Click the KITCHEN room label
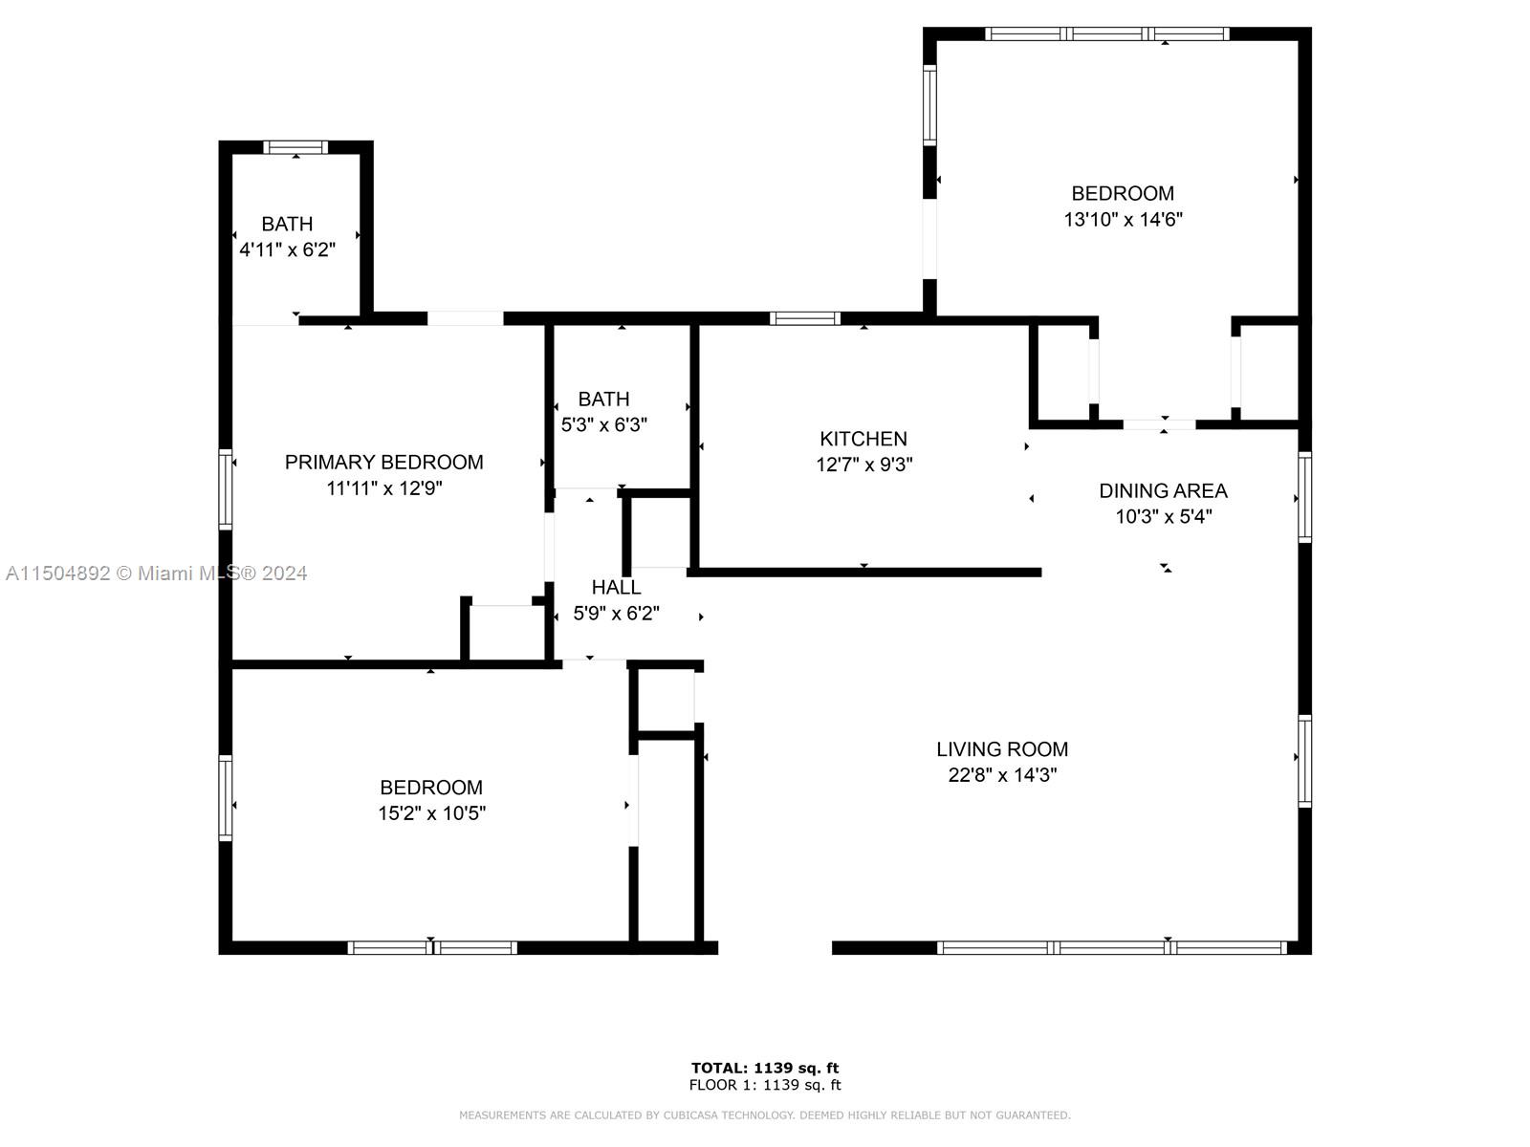pos(863,439)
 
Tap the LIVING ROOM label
pos(1001,749)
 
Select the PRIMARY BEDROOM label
pos(384,463)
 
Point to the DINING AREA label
pos(1163,491)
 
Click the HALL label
pos(616,588)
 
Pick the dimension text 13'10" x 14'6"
pos(1123,220)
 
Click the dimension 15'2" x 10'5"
pos(431,813)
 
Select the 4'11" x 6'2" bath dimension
pos(287,250)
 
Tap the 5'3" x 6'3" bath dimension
pos(603,424)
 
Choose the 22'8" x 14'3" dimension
pos(1001,775)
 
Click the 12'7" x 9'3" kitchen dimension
pos(863,465)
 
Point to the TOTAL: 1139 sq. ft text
pos(765,1068)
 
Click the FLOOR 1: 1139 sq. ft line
pos(765,1085)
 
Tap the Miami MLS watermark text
pos(156,573)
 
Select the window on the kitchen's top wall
pos(804,318)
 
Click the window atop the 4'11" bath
pos(295,147)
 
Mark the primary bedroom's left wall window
pos(225,488)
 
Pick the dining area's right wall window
pos(1304,496)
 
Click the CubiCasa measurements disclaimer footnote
pos(765,1115)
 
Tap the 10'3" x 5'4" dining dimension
pos(1164,517)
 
